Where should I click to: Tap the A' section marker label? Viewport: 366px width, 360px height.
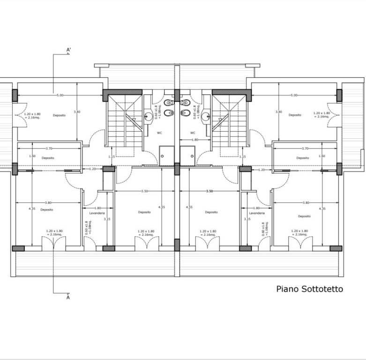click(x=68, y=50)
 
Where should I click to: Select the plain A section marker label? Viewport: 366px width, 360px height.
click(x=68, y=297)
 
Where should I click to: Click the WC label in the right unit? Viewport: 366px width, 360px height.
click(x=193, y=133)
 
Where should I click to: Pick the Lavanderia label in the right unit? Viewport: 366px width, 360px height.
click(x=257, y=213)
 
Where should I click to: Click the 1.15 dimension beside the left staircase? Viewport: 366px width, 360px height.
click(x=111, y=157)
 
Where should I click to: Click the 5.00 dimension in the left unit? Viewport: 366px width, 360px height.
click(x=60, y=95)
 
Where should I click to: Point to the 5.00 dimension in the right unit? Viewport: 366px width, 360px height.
click(x=294, y=95)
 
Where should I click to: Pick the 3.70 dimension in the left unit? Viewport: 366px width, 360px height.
click(x=49, y=148)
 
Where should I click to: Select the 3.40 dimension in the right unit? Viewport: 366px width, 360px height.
click(x=278, y=112)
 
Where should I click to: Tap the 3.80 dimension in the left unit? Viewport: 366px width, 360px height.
click(x=48, y=202)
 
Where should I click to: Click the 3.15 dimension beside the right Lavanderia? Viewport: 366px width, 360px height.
click(x=247, y=219)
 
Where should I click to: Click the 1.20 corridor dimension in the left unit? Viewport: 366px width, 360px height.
click(x=92, y=169)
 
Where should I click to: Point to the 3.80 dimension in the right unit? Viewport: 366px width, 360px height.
click(x=306, y=202)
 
